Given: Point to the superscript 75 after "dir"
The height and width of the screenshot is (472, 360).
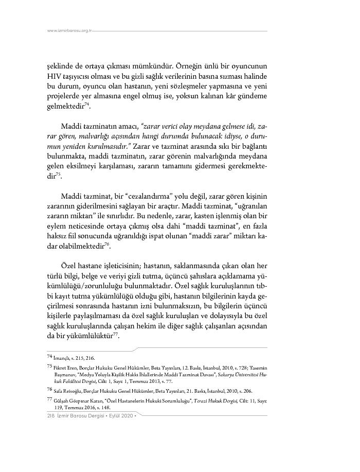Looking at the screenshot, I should click(x=58, y=174).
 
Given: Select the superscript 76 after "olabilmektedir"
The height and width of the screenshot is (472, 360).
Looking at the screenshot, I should click(x=107, y=244).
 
